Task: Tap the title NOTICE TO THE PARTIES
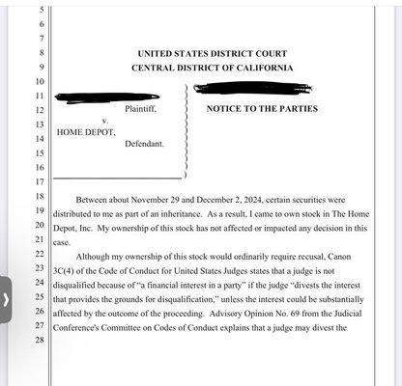(262, 109)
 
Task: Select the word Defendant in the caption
(144, 144)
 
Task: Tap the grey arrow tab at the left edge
(6, 299)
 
